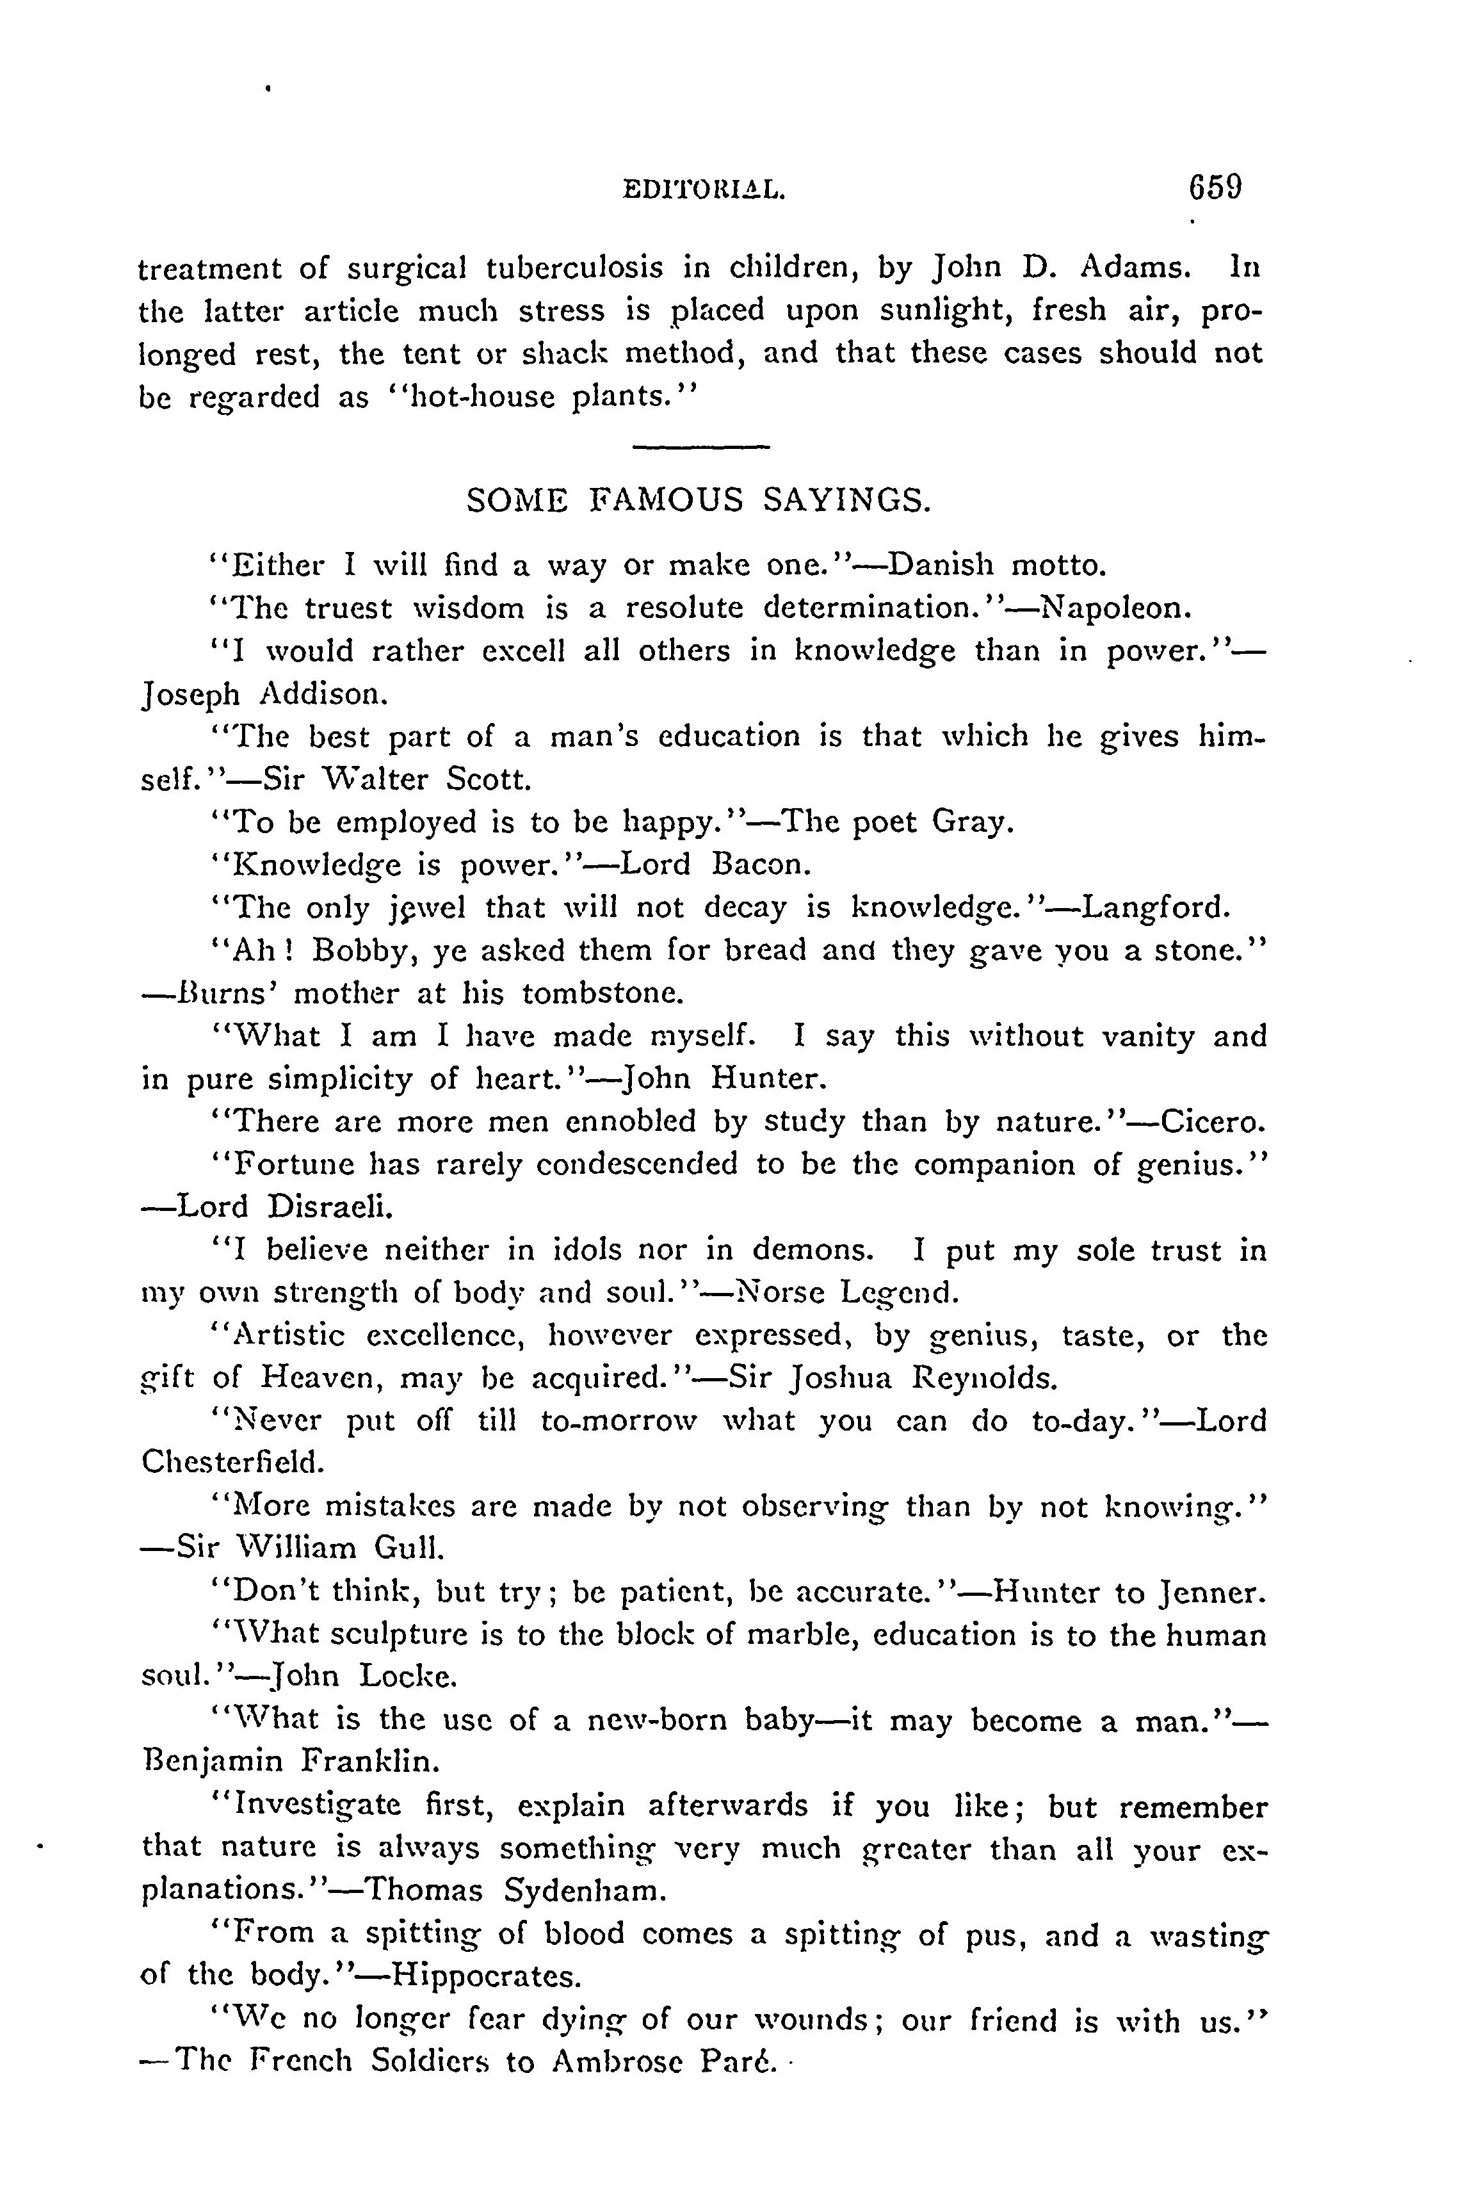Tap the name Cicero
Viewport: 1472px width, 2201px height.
point(1212,1121)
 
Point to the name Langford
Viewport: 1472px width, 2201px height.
point(1154,908)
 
